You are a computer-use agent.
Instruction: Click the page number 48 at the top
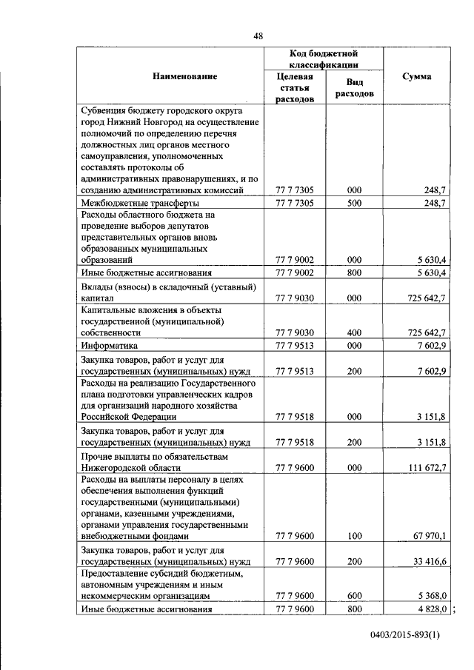(x=257, y=36)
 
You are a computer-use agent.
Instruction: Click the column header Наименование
(x=185, y=77)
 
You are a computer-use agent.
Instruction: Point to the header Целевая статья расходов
(x=294, y=87)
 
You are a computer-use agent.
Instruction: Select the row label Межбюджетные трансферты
(x=140, y=203)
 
